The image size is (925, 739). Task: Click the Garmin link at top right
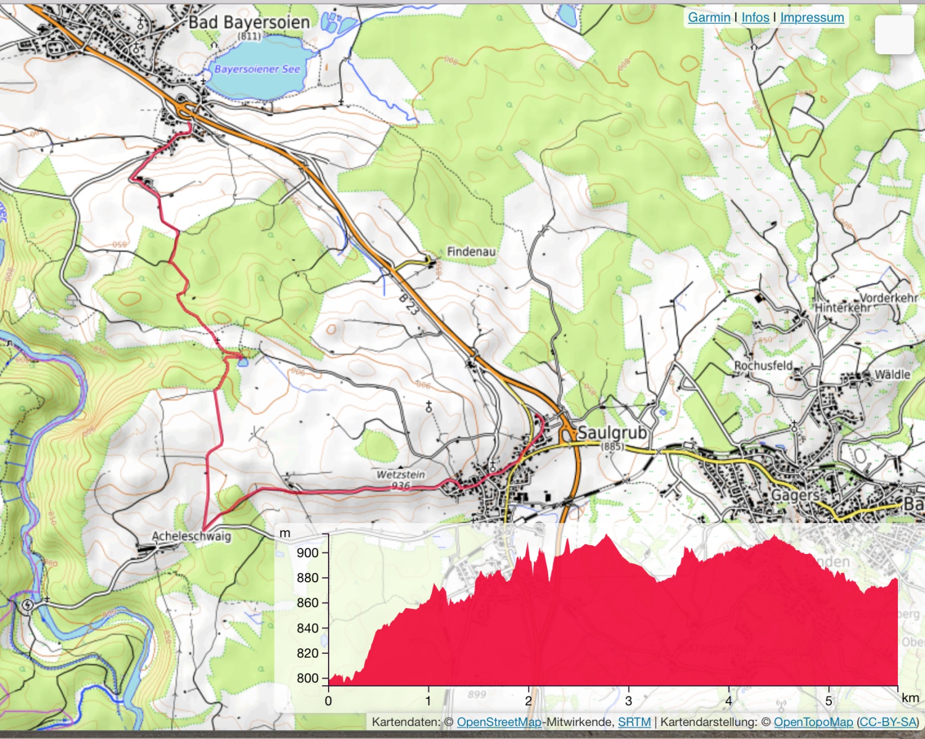tap(709, 17)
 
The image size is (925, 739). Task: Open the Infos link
tap(755, 17)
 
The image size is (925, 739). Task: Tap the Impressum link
tap(812, 17)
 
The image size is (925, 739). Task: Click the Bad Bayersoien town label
tap(249, 22)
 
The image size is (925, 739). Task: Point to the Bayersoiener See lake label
tap(257, 69)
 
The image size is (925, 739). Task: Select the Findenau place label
tap(471, 252)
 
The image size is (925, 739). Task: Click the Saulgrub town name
tap(612, 432)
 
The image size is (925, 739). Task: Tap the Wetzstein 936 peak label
tap(401, 479)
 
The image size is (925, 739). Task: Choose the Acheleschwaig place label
tap(191, 536)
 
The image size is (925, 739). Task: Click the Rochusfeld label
tap(763, 365)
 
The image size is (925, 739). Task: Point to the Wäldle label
tap(892, 374)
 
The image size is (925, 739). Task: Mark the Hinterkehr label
tap(842, 307)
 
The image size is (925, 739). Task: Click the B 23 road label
tap(408, 304)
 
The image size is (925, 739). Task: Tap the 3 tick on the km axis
tap(628, 700)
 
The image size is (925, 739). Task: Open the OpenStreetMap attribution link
tap(498, 722)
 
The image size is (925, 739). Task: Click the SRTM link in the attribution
tap(634, 722)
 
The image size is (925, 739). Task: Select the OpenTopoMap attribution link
tap(813, 722)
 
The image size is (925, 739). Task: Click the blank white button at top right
tap(894, 35)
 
